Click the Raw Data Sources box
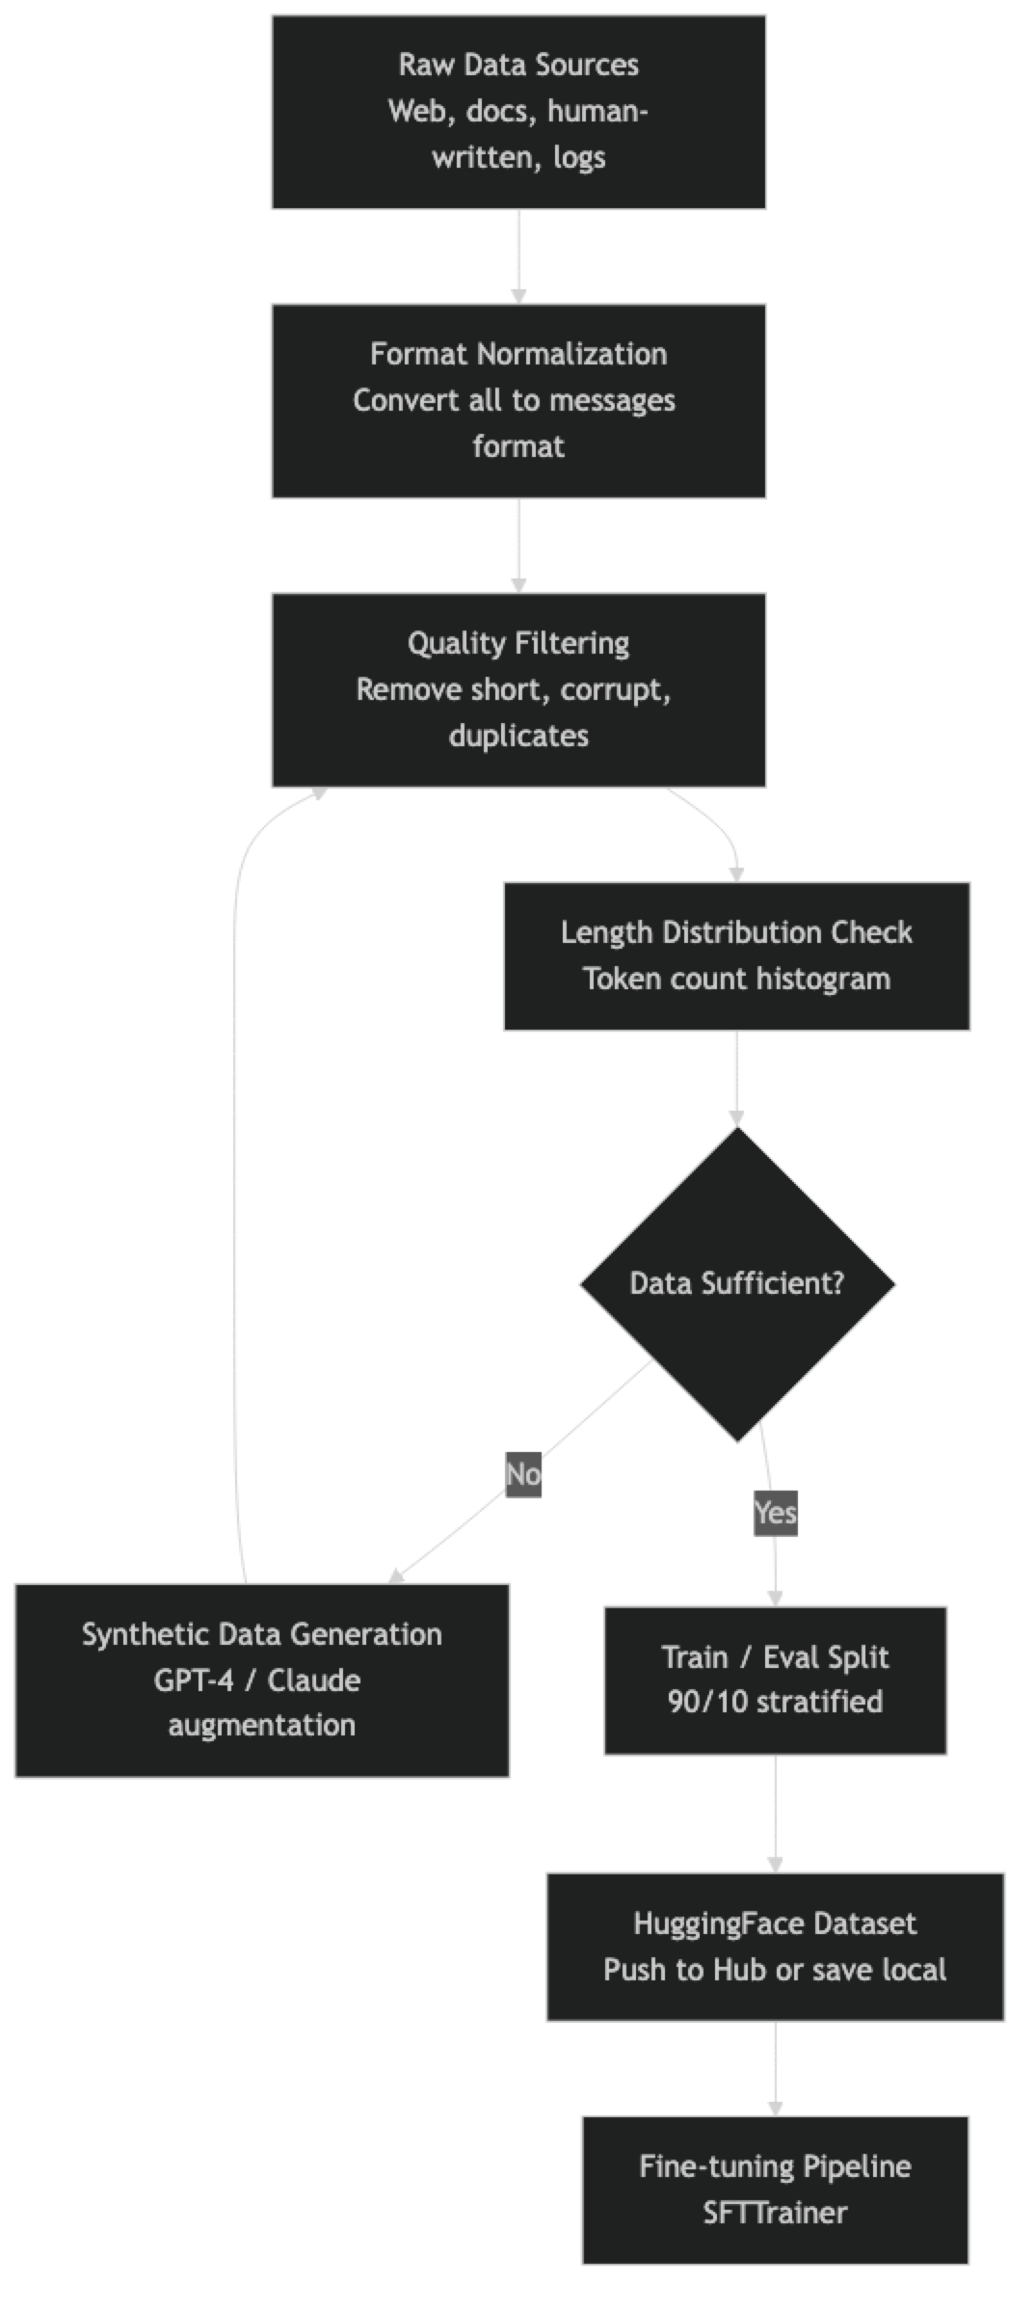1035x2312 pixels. (517, 111)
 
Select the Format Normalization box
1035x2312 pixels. (517, 400)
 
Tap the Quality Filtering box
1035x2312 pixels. (517, 689)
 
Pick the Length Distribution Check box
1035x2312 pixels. (736, 955)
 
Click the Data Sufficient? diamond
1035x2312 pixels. (736, 1283)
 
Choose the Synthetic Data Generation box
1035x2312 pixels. (261, 1679)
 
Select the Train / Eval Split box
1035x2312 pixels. (775, 1679)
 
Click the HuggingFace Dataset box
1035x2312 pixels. (775, 1946)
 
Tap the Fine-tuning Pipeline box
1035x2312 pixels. (775, 2189)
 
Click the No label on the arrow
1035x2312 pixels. (523, 1474)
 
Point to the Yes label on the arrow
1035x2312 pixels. (775, 1512)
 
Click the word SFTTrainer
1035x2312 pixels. (775, 2212)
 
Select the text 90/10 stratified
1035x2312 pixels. (775, 1701)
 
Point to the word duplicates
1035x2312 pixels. (517, 736)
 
